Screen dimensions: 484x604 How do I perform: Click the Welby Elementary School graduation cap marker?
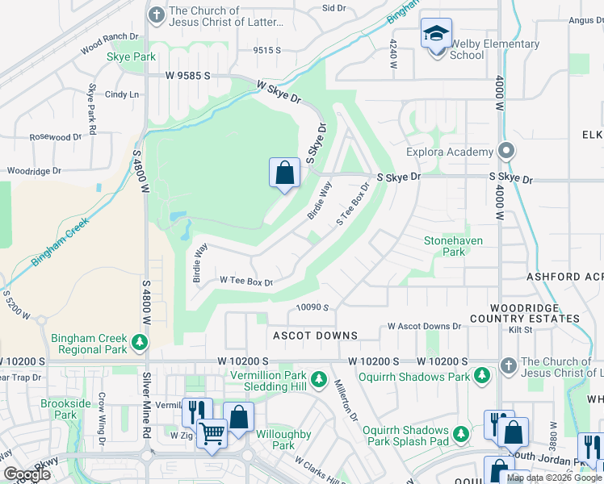pyautogui.click(x=436, y=35)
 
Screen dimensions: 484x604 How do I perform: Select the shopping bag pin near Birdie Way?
pyautogui.click(x=284, y=173)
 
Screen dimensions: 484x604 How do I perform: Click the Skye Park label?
pyautogui.click(x=131, y=57)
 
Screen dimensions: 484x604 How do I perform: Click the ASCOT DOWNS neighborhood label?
pyautogui.click(x=315, y=336)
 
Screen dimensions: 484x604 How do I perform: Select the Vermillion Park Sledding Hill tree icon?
pyautogui.click(x=319, y=378)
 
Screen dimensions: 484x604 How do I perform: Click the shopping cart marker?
pyautogui.click(x=212, y=433)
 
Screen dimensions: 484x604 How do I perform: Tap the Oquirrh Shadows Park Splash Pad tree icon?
pyautogui.click(x=460, y=435)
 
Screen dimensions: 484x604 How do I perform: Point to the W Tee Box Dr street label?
pyautogui.click(x=247, y=282)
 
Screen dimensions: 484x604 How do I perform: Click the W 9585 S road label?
pyautogui.click(x=188, y=76)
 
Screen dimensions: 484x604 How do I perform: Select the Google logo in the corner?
pyautogui.click(x=26, y=474)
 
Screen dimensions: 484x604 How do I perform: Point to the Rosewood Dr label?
pyautogui.click(x=56, y=137)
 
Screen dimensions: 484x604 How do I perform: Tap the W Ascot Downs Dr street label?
pyautogui.click(x=424, y=327)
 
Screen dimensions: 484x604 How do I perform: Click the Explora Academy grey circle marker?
pyautogui.click(x=506, y=151)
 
